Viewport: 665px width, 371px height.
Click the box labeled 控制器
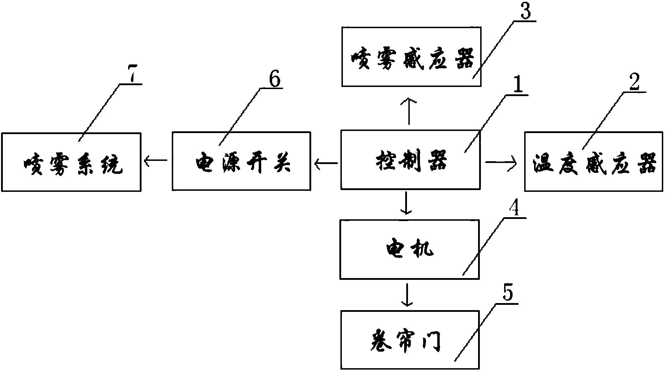410,161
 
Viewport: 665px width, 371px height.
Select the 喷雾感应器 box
411,57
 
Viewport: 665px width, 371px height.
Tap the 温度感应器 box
594,162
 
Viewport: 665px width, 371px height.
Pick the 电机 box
409,249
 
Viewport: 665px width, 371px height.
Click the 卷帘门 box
410,340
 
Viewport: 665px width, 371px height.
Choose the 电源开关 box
241,162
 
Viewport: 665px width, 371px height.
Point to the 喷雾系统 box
71,162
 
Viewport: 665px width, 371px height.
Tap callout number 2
634,83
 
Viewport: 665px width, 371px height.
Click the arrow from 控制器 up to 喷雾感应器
409,111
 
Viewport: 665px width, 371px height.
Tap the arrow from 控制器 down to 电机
407,203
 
